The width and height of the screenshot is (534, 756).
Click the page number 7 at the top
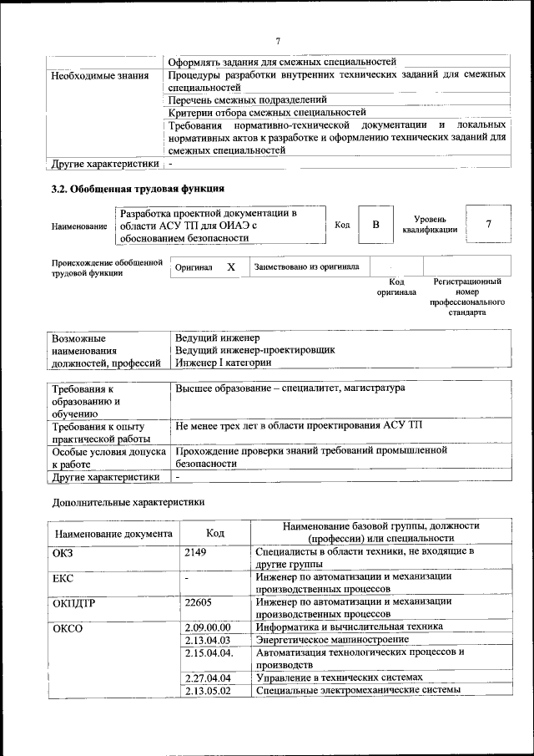278,42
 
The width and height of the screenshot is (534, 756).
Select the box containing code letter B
375,225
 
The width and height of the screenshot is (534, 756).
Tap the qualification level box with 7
488,225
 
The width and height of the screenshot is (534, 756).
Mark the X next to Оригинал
231,267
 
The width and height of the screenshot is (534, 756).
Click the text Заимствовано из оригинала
307,267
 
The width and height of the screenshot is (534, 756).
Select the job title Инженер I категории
223,363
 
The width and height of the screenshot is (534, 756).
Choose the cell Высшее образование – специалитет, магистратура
290,389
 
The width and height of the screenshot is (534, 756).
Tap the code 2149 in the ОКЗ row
195,552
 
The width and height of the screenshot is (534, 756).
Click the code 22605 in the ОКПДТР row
198,601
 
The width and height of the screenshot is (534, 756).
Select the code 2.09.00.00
208,627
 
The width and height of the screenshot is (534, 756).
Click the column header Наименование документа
113,533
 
